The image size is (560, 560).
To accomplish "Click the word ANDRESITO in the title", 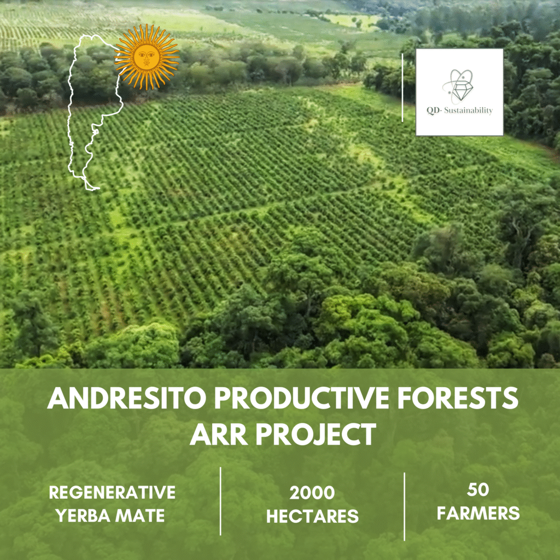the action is pos(127,398).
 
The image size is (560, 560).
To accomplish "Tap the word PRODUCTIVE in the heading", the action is pos(301,398).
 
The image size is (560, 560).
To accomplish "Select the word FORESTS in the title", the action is pos(458,398).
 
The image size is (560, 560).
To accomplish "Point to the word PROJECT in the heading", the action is pos(316,434).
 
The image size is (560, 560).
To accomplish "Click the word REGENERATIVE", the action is pos(112,492).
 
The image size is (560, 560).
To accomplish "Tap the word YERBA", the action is pos(81,515).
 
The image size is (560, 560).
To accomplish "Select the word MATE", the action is pos(140,515).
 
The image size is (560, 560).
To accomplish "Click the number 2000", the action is pos(312,493).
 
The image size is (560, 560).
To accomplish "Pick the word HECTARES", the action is pos(312,516).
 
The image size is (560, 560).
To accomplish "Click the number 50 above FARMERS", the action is pos(478,489).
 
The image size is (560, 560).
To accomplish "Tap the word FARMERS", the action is pos(478,513).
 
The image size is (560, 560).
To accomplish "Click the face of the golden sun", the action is pos(147,56).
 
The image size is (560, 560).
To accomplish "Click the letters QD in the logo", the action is pos(433,110).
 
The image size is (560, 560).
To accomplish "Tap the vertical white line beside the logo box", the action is pos(402,88).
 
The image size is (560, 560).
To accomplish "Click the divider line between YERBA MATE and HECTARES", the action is pos(220,501).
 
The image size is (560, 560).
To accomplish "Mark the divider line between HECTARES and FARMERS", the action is pos(404,506).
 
